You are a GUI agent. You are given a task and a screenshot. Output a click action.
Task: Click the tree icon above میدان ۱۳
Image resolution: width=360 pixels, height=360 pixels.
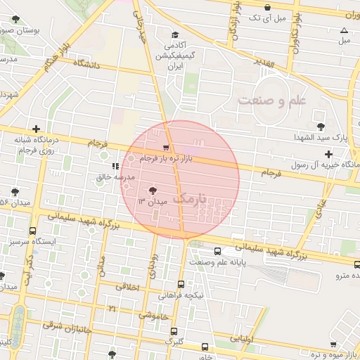[153, 190]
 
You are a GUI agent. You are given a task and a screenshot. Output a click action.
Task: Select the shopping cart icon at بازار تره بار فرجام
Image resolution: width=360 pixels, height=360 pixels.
[166, 148]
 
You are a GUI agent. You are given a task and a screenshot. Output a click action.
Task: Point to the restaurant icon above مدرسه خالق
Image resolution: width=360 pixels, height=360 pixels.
[115, 166]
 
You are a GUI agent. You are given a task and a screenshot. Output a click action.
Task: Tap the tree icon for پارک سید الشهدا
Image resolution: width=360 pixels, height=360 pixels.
[321, 127]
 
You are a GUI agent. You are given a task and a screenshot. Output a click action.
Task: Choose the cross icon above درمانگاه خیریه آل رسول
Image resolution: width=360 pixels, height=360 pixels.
[328, 153]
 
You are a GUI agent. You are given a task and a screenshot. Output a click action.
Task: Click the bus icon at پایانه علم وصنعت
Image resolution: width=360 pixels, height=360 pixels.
[217, 251]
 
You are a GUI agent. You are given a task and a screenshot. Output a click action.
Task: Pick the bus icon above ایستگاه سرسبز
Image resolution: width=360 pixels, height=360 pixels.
[32, 231]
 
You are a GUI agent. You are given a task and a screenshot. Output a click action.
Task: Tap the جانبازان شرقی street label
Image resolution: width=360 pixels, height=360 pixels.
[69, 328]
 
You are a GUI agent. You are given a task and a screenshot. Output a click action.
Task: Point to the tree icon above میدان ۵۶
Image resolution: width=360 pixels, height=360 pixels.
[15, 191]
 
